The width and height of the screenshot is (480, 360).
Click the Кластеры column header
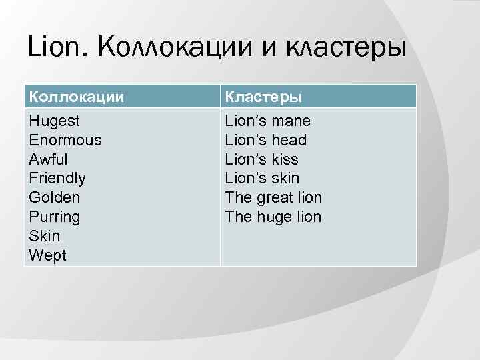(263, 96)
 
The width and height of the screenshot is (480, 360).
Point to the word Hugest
(55, 121)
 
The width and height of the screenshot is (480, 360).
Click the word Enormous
(65, 140)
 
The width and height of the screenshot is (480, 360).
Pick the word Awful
(49, 159)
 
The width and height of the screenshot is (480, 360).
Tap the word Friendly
(57, 178)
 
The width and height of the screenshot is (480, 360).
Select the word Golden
(55, 197)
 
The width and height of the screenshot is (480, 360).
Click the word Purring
(55, 217)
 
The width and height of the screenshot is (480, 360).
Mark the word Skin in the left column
(45, 236)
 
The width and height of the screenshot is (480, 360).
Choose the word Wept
(47, 255)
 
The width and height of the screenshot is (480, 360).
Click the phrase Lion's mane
(268, 121)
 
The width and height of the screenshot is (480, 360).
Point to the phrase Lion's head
(266, 140)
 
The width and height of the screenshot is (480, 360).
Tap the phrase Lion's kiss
(262, 159)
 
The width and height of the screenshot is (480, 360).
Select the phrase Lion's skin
(263, 178)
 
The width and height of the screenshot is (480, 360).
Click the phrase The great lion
(273, 197)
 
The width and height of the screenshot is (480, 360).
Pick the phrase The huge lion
(273, 217)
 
